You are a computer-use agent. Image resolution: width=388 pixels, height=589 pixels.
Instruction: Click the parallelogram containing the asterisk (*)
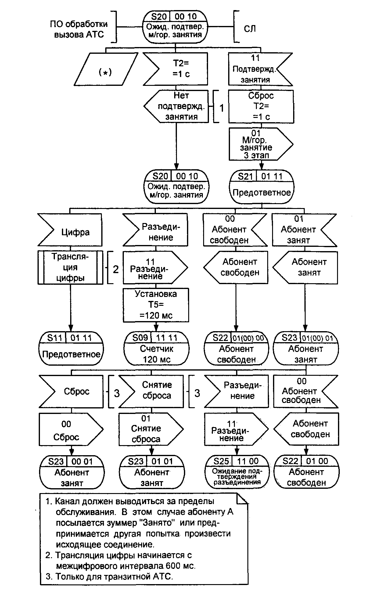click(106, 69)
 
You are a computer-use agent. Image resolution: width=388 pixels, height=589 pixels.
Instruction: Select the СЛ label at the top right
click(250, 28)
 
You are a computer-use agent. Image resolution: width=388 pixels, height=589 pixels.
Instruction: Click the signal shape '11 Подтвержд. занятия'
click(258, 69)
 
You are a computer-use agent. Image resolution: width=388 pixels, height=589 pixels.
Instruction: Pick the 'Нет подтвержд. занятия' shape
click(178, 106)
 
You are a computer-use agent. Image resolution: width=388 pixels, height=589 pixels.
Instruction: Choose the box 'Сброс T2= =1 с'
click(261, 106)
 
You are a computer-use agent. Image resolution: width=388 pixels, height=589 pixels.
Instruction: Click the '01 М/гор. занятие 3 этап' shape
click(259, 144)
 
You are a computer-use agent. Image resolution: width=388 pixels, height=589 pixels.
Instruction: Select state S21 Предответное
click(262, 186)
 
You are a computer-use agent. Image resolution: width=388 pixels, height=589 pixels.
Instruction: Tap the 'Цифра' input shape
click(71, 230)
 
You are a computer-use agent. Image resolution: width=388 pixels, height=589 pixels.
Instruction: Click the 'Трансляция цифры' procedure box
click(70, 268)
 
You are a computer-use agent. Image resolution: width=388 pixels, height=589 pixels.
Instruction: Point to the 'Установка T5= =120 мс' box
click(156, 305)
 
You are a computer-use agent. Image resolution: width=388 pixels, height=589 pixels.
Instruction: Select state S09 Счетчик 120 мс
click(156, 348)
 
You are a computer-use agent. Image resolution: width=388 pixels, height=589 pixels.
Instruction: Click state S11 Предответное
click(71, 348)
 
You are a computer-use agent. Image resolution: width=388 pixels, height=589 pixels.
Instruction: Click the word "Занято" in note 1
click(157, 522)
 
